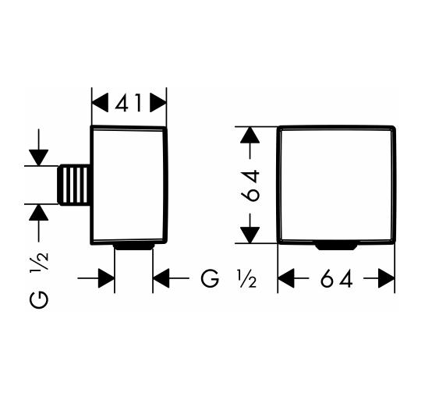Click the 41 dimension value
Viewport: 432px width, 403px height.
point(129,103)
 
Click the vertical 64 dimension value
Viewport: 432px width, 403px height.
point(250,186)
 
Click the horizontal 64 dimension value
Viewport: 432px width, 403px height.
point(337,278)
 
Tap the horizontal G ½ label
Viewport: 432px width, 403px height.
point(229,279)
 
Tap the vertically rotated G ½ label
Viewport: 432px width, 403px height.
point(39,280)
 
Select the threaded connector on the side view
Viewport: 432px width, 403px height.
point(74,185)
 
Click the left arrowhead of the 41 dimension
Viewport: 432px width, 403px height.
point(100,102)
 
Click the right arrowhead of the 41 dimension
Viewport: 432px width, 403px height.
point(158,102)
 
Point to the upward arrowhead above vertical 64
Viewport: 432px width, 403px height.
point(250,135)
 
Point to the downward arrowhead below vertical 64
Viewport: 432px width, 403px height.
point(250,235)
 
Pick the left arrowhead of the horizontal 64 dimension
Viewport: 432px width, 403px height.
point(286,278)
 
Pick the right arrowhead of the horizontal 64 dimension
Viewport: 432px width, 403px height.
point(387,278)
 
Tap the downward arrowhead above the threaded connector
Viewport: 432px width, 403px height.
point(39,157)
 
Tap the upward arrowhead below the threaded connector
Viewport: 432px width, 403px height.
point(39,212)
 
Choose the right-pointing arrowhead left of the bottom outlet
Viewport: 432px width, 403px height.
point(106,278)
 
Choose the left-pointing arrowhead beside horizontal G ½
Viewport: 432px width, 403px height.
point(161,278)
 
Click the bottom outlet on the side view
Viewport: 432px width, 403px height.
point(134,246)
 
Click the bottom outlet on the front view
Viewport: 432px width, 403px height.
point(336,246)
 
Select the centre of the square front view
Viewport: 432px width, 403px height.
point(336,185)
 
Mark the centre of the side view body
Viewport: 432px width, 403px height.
point(129,185)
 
